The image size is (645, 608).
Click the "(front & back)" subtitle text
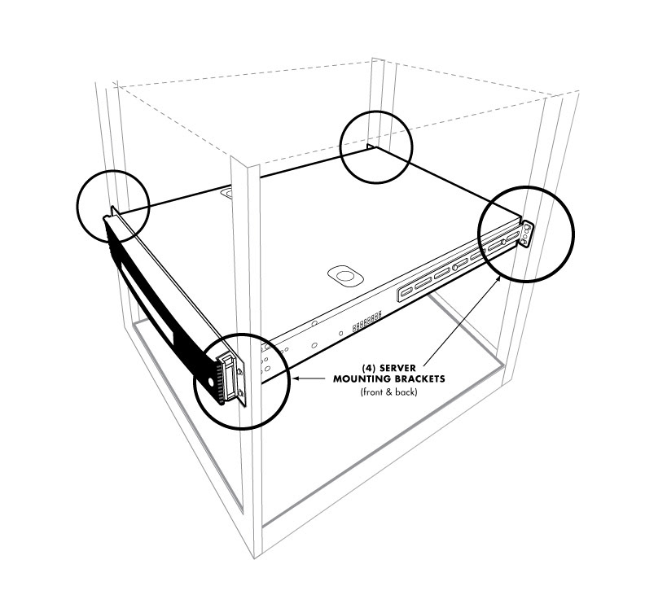tap(388, 393)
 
